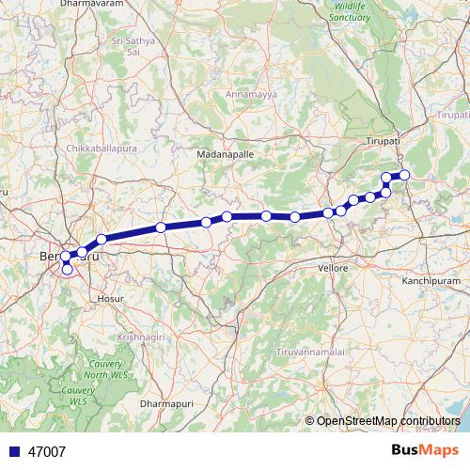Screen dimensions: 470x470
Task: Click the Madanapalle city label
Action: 222,152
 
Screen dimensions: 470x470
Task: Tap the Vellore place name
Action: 333,268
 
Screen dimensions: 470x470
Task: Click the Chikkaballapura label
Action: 102,149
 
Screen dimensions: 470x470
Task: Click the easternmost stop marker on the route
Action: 405,174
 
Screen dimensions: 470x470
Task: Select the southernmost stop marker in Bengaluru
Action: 67,270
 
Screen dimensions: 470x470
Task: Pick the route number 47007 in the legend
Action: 47,451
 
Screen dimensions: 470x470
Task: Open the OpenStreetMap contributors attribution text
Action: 388,420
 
